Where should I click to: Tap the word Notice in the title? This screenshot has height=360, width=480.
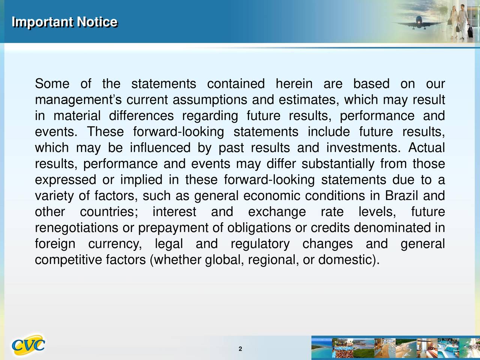click(x=97, y=22)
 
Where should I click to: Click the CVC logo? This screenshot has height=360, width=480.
click(x=28, y=345)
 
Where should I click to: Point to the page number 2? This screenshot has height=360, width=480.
click(x=240, y=349)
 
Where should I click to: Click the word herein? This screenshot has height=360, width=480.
click(x=294, y=84)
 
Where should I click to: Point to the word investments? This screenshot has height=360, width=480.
click(x=363, y=147)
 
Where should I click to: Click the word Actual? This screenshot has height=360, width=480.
click(x=427, y=147)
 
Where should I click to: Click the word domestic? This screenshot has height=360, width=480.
click(x=345, y=259)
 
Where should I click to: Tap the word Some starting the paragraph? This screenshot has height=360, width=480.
click(x=52, y=84)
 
